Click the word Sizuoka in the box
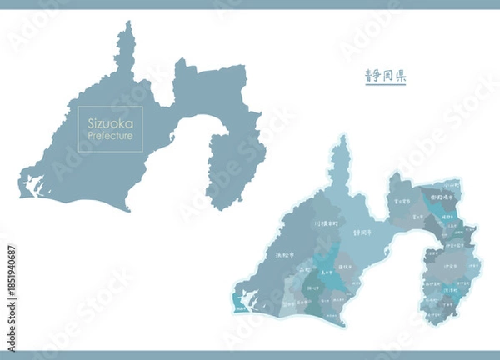pos(110,122)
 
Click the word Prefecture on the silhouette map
pos(110,135)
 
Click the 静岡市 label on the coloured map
pos(362,235)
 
